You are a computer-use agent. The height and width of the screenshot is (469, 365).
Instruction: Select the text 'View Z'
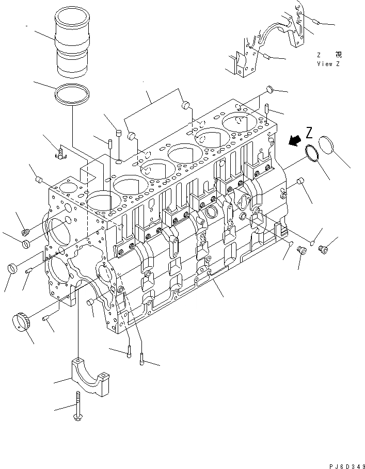tap(328, 63)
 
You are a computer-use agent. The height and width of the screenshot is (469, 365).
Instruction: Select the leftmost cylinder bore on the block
tap(100, 203)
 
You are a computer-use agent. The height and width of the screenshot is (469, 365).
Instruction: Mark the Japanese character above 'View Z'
tap(338, 54)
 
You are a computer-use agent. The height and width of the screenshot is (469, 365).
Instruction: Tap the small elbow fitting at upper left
tap(61, 152)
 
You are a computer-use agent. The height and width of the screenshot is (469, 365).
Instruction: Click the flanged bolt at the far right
tap(323, 250)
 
